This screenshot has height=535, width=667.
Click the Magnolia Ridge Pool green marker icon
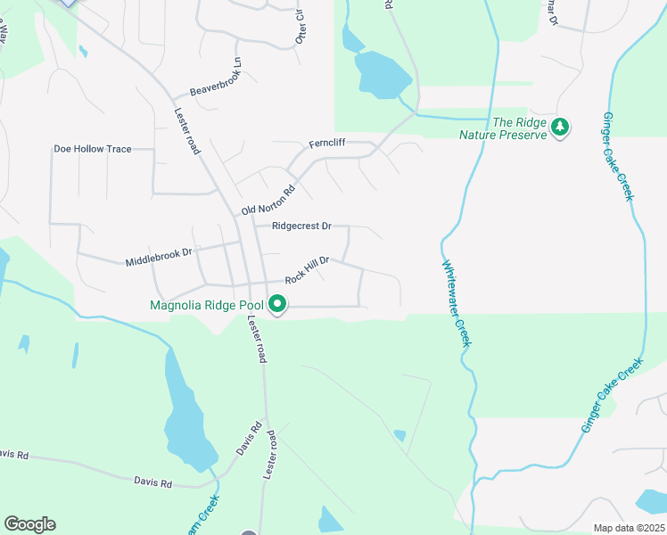pos(277,306)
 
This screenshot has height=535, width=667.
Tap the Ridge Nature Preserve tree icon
pos(560,128)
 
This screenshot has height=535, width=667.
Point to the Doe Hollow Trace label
pos(93,149)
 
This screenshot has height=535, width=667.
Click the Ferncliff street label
pos(326,144)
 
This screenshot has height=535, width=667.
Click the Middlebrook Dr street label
pos(159,257)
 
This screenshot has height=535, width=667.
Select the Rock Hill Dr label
pos(308,269)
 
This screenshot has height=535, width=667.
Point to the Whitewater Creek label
pos(456,302)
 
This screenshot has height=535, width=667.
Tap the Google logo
pos(29,524)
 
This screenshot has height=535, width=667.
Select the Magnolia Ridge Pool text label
pos(208,306)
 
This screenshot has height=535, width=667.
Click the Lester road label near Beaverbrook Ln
pos(185,128)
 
